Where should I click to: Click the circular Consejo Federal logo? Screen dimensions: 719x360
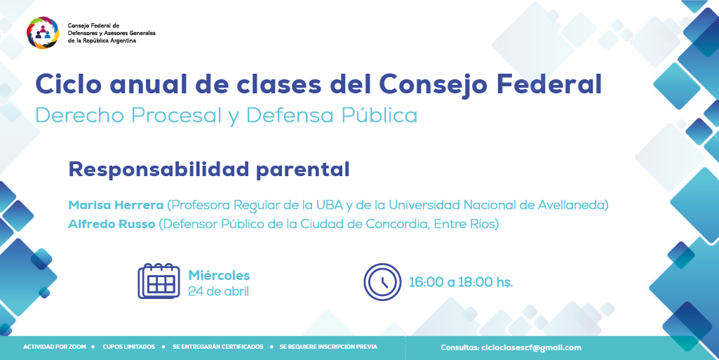click(x=43, y=32)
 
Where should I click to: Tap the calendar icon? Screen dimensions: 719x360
click(x=159, y=281)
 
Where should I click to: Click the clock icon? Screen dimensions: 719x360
click(x=382, y=282)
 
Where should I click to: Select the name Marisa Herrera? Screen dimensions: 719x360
click(x=116, y=205)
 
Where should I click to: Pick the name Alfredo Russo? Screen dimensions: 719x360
click(x=112, y=225)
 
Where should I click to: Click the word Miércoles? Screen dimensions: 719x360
click(x=219, y=275)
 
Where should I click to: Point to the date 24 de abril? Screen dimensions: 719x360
click(x=218, y=291)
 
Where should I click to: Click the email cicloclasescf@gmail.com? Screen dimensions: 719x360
click(x=532, y=347)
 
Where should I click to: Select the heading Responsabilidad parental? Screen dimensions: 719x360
click(x=209, y=169)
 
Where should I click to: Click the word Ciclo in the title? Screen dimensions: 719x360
click(x=67, y=84)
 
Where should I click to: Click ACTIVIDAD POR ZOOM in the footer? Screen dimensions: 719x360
click(x=55, y=347)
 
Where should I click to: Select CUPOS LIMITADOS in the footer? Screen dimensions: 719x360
click(x=129, y=347)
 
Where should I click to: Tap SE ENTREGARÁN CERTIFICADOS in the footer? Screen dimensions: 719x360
click(x=218, y=347)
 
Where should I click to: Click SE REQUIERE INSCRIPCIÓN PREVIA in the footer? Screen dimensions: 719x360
click(x=328, y=347)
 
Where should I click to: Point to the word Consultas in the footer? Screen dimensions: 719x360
click(x=460, y=347)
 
